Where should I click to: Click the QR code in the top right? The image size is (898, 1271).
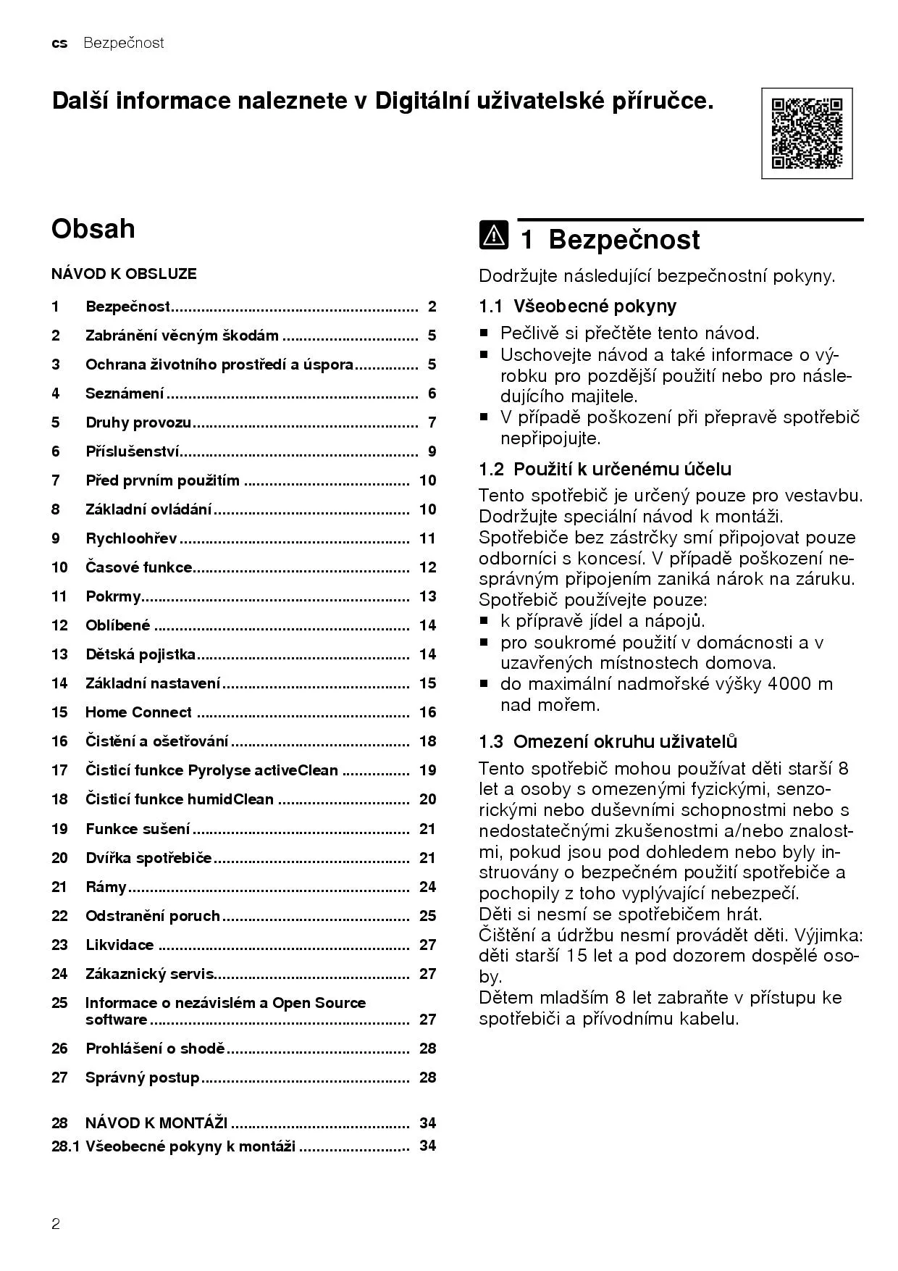coord(806,133)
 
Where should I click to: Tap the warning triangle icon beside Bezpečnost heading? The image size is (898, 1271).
coord(493,236)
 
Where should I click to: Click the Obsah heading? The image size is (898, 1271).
coord(93,229)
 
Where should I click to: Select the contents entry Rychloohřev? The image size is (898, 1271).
coord(131,538)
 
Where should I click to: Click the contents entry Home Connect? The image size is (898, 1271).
coord(138,712)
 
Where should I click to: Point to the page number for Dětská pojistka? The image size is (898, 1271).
coord(427,654)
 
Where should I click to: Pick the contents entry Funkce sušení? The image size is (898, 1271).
coord(138,828)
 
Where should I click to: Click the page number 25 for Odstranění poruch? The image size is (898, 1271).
coord(427,916)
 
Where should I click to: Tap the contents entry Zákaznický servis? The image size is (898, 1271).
coord(150,974)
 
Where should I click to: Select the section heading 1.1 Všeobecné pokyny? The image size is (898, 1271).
coord(577,306)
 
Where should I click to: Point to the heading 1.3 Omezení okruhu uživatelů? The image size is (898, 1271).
coord(608,741)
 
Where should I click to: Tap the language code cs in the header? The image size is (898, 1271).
coord(59,43)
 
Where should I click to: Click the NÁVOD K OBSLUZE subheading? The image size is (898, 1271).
coord(124,274)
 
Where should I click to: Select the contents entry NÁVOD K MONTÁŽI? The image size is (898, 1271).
coord(156,1122)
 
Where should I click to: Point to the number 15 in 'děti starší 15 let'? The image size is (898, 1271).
coord(577,956)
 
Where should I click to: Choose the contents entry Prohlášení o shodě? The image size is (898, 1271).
coord(155,1049)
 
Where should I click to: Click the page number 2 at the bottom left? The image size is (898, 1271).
coord(56,1224)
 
